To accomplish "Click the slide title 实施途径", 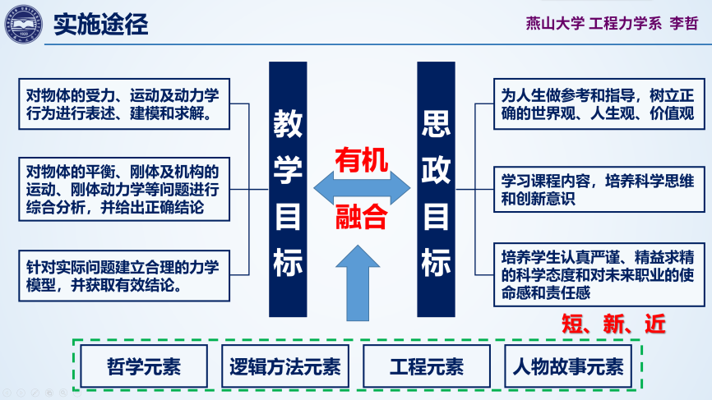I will click(100, 24).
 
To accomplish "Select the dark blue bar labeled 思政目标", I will click(436, 189).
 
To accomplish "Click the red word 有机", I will click(361, 159).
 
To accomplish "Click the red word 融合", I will click(361, 216).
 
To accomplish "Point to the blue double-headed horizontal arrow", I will click(361, 187).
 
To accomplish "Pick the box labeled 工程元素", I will click(426, 366).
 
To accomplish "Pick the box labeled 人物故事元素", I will click(567, 366).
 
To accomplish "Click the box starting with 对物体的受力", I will click(124, 103).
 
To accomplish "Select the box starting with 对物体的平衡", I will click(124, 190).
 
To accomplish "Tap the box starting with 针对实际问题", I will click(124, 275).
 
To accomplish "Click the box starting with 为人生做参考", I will click(598, 103).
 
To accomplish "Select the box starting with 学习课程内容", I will click(598, 188).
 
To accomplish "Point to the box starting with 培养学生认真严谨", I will click(598, 274).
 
